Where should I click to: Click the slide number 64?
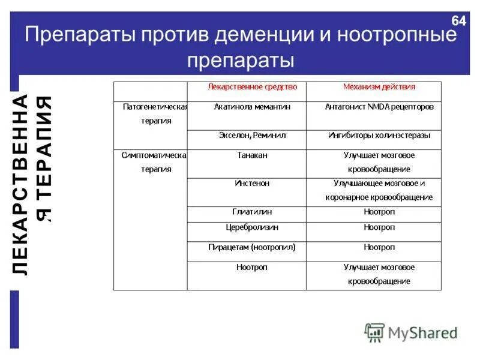tap(459, 21)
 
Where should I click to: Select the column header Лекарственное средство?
tap(252, 86)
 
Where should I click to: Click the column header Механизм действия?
tap(379, 86)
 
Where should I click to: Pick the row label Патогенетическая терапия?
tap(155, 113)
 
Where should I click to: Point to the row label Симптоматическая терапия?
tap(155, 162)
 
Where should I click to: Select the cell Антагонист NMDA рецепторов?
tap(379, 107)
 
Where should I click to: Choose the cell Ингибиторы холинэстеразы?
tap(379, 136)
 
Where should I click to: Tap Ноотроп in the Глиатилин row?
tap(379, 212)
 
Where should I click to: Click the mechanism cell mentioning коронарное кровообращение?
tap(379, 190)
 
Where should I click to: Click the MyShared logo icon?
tap(374, 332)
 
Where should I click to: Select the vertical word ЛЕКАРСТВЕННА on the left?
tap(21, 184)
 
